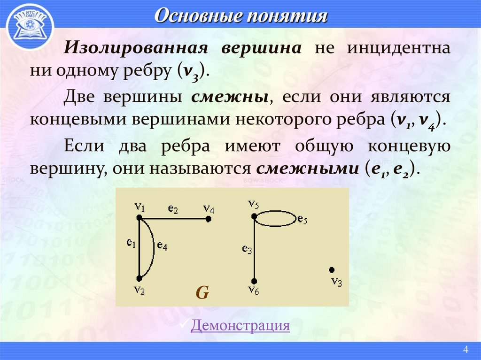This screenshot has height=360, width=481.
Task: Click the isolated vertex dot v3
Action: [x=332, y=269]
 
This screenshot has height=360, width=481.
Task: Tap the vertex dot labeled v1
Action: [x=139, y=217]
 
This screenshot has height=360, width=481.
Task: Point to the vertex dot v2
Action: [x=139, y=278]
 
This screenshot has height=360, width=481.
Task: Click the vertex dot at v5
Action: [x=254, y=216]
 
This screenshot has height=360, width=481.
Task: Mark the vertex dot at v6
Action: [x=254, y=279]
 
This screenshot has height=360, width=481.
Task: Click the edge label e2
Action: [x=173, y=209]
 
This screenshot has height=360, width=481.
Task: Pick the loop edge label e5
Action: [x=302, y=219]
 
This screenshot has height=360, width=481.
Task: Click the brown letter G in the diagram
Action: [x=202, y=292]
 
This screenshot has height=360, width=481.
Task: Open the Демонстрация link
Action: [x=240, y=325]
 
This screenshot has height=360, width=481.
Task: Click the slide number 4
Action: [x=466, y=349]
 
